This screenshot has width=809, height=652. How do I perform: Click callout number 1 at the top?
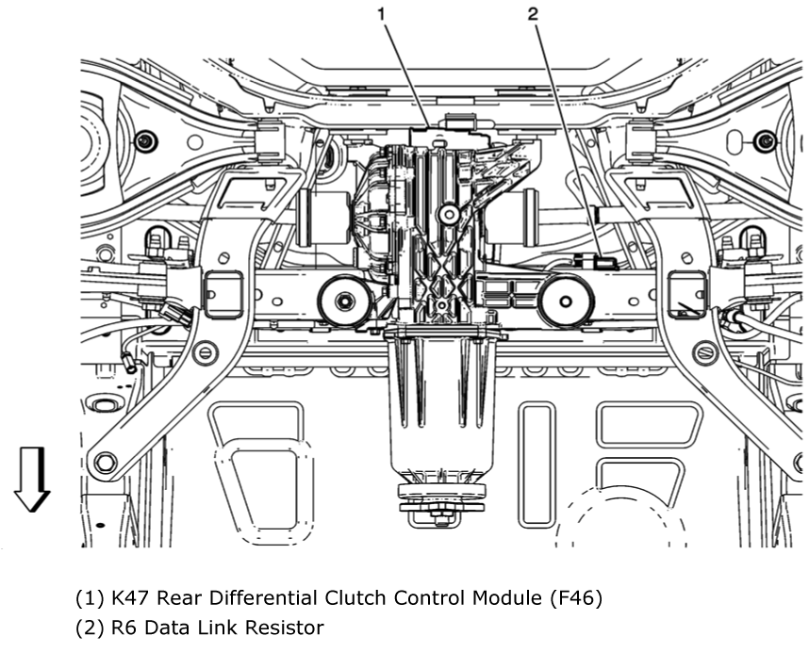(381, 14)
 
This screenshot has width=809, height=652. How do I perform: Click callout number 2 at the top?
(533, 14)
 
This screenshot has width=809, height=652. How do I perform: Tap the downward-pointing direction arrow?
(32, 480)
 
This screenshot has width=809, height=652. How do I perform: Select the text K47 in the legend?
(130, 598)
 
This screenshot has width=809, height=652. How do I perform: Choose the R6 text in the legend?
(124, 628)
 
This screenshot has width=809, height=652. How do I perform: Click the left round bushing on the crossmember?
(343, 301)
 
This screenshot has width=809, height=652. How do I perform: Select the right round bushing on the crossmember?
(566, 302)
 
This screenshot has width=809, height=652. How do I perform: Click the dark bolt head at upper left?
(145, 140)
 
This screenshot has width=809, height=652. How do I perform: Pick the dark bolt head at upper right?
(764, 140)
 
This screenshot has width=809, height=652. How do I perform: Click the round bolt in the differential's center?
(449, 214)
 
